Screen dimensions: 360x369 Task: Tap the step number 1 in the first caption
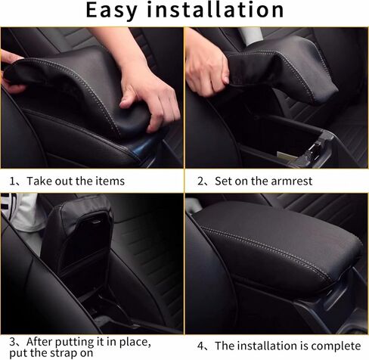(x=13, y=182)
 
